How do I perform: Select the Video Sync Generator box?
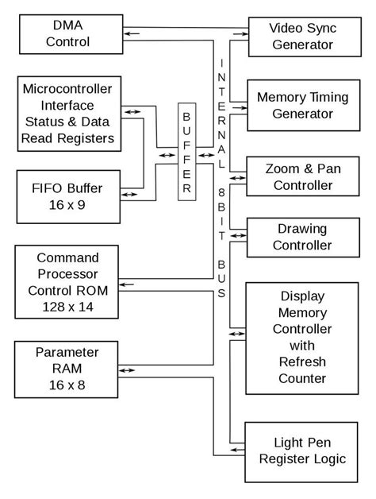coord(301,37)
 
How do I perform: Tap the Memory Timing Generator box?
coord(301,106)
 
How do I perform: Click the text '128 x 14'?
coord(67,307)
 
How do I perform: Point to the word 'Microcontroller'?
coord(68,88)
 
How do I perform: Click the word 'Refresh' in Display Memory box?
coord(301,362)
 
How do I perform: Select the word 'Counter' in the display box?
coord(301,378)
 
